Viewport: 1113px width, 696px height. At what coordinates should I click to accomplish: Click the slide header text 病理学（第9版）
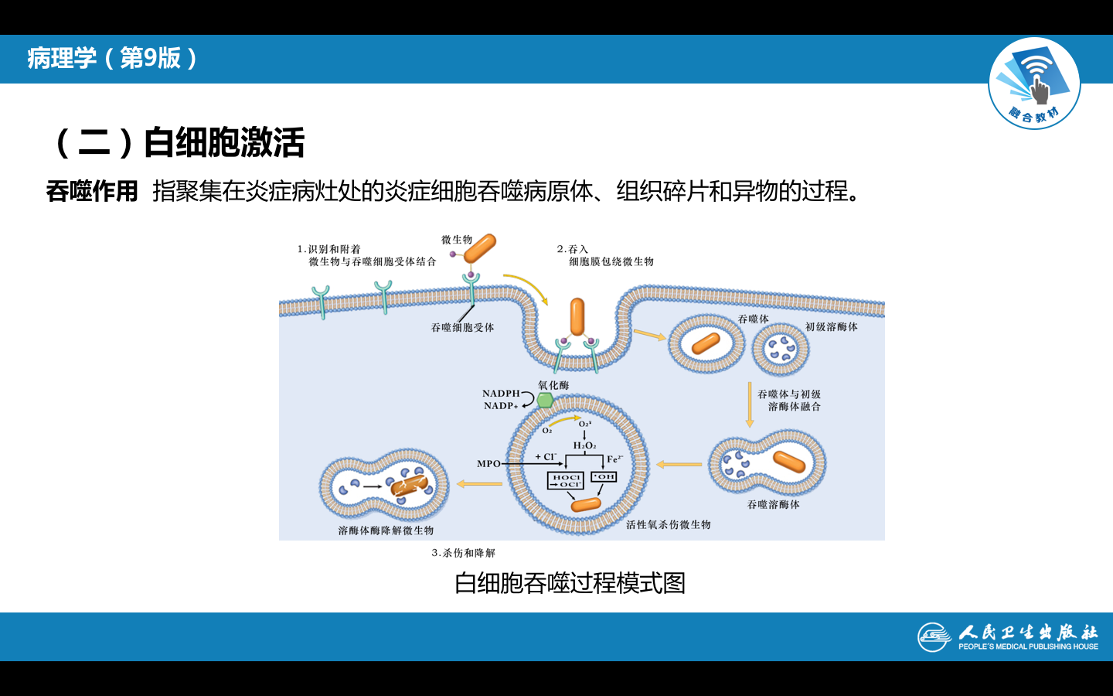pyautogui.click(x=113, y=58)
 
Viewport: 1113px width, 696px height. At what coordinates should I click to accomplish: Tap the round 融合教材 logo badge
pyautogui.click(x=1034, y=84)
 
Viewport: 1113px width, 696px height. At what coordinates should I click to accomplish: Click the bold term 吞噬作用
pyautogui.click(x=92, y=191)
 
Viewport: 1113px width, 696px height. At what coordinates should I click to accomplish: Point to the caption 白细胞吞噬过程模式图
pyautogui.click(x=570, y=583)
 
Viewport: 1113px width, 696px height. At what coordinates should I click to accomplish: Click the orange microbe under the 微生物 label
pyautogui.click(x=480, y=250)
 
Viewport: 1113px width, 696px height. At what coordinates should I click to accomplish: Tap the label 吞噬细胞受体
pyautogui.click(x=462, y=328)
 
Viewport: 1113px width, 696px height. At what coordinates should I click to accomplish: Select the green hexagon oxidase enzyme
pyautogui.click(x=545, y=400)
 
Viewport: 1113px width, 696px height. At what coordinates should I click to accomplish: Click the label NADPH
pyautogui.click(x=501, y=394)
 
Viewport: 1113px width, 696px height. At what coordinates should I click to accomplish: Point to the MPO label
pyautogui.click(x=488, y=464)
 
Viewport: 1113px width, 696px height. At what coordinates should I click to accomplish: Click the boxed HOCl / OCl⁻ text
pyautogui.click(x=566, y=481)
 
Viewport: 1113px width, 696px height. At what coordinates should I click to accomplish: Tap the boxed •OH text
pyautogui.click(x=604, y=477)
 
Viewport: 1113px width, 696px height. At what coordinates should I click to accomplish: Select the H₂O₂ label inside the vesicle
pyautogui.click(x=584, y=445)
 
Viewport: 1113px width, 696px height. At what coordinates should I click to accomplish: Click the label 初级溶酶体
pyautogui.click(x=831, y=327)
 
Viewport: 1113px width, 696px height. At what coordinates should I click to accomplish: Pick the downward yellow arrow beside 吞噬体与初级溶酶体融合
pyautogui.click(x=749, y=404)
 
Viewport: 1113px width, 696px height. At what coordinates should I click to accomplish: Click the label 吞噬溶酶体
pyautogui.click(x=773, y=505)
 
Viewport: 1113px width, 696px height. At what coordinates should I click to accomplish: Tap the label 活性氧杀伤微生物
pyautogui.click(x=668, y=525)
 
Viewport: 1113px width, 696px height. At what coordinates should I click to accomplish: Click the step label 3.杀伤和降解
pyautogui.click(x=463, y=553)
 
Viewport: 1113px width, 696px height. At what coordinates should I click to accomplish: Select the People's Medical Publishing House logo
pyautogui.click(x=1008, y=637)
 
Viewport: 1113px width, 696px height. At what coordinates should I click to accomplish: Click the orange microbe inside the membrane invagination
pyautogui.click(x=577, y=318)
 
